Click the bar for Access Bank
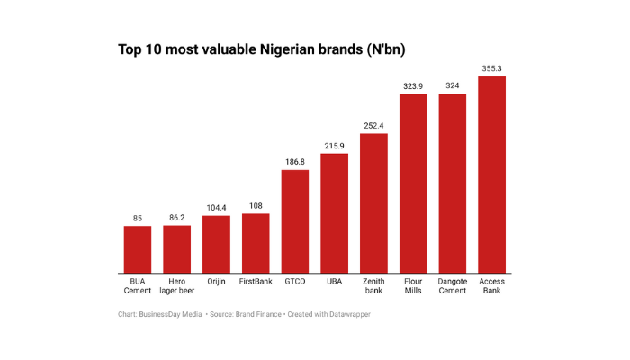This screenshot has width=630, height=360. (491, 175)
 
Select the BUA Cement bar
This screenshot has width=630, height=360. (138, 249)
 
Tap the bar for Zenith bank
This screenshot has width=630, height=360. (373, 203)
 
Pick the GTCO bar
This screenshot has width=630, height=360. (295, 221)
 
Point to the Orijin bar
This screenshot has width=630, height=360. (216, 244)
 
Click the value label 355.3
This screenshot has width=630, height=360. (491, 68)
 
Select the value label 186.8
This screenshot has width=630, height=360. (295, 162)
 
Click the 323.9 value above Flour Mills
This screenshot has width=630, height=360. (413, 85)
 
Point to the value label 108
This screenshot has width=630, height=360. (256, 205)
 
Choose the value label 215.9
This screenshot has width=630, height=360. (335, 146)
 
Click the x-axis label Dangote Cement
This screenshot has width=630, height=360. (452, 286)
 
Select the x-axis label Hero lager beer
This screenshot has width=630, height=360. (177, 286)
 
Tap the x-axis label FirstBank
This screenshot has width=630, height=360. (256, 282)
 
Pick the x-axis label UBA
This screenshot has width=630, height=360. (335, 282)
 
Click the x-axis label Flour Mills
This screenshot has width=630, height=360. (413, 286)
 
